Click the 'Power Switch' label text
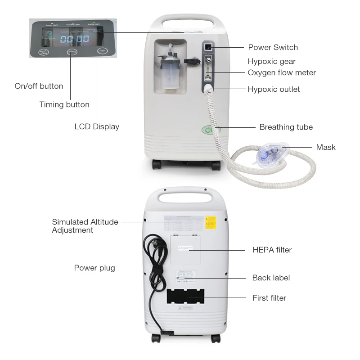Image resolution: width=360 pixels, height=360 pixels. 273,47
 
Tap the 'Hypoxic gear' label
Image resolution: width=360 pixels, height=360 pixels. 271,61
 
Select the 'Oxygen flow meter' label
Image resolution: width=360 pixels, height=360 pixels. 282,72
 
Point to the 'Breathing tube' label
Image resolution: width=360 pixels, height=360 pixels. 286,127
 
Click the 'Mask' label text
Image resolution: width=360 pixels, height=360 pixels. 325,147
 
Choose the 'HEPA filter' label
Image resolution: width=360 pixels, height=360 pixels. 272,250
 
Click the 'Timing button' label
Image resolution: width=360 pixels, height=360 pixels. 64,104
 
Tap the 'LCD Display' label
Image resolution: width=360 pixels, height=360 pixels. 97,126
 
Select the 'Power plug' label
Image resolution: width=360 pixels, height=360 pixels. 94,268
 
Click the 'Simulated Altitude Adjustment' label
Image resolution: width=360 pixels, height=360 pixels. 85,226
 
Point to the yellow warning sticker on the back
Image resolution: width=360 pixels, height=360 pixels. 211,222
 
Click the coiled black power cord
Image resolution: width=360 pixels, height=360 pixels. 154,265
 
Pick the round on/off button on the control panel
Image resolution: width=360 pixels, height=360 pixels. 43,52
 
